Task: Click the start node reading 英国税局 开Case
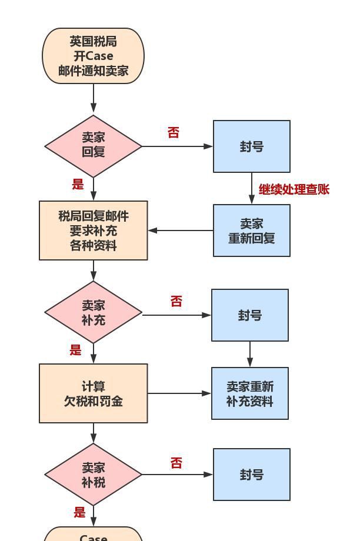[x=93, y=56]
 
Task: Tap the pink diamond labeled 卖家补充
[x=93, y=313]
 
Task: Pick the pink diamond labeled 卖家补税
[x=93, y=475]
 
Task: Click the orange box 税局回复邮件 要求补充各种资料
[x=93, y=231]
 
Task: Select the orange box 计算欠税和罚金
[x=93, y=393]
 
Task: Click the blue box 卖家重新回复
[x=251, y=231]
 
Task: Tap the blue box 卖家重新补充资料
[x=249, y=393]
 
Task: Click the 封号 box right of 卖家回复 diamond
[x=251, y=146]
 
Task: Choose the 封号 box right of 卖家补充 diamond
[x=249, y=315]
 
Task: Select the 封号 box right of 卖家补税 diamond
[x=251, y=475]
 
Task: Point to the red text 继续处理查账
[x=294, y=189]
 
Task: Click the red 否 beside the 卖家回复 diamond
[x=174, y=133]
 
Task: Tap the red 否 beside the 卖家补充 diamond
[x=176, y=302]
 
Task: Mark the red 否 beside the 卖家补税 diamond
[x=176, y=463]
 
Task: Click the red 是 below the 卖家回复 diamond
[x=78, y=185]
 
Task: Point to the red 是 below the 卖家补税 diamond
[x=79, y=512]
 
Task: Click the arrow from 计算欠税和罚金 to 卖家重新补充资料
[x=179, y=393]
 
